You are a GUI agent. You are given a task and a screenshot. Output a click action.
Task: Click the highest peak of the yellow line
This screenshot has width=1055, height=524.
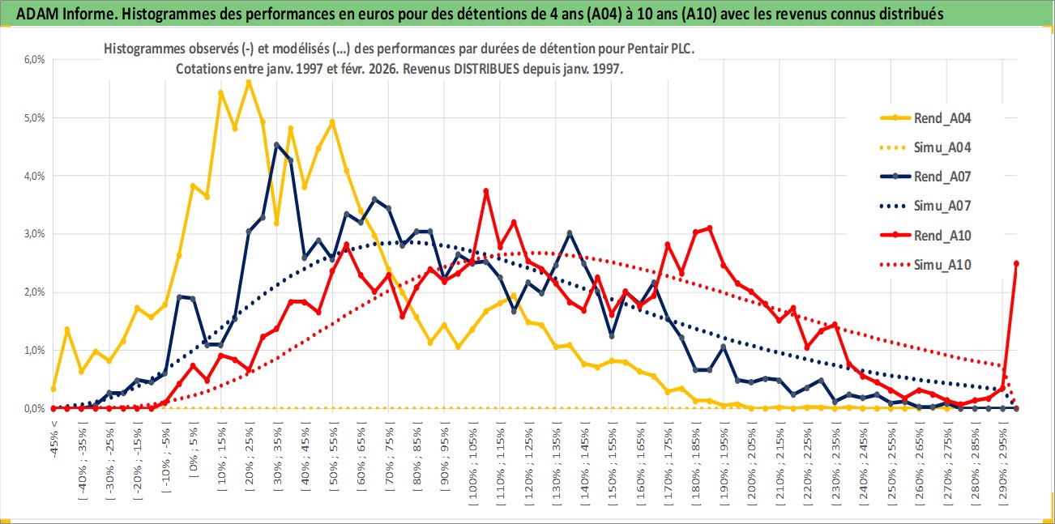click(x=249, y=82)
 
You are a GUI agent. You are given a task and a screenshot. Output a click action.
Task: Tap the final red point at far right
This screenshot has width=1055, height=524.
click(x=1016, y=263)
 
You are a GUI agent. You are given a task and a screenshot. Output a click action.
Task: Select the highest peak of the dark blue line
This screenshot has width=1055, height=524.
click(x=276, y=145)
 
